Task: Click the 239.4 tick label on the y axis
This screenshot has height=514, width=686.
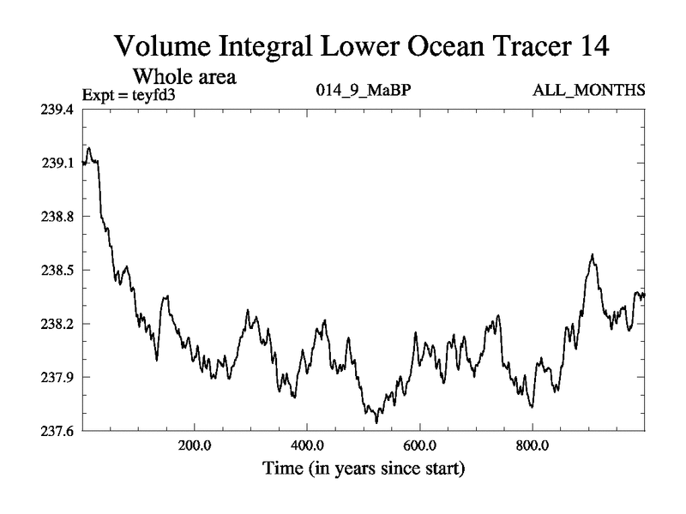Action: [58, 110]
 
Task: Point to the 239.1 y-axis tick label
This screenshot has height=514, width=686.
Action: [58, 163]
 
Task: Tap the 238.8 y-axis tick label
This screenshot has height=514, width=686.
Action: [58, 217]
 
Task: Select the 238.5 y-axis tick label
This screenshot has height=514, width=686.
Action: [58, 270]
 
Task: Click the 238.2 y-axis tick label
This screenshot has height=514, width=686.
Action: [58, 324]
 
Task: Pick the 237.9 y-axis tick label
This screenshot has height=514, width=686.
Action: [58, 377]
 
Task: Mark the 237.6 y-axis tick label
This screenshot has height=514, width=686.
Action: [58, 431]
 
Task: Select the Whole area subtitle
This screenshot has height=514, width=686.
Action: [184, 75]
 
